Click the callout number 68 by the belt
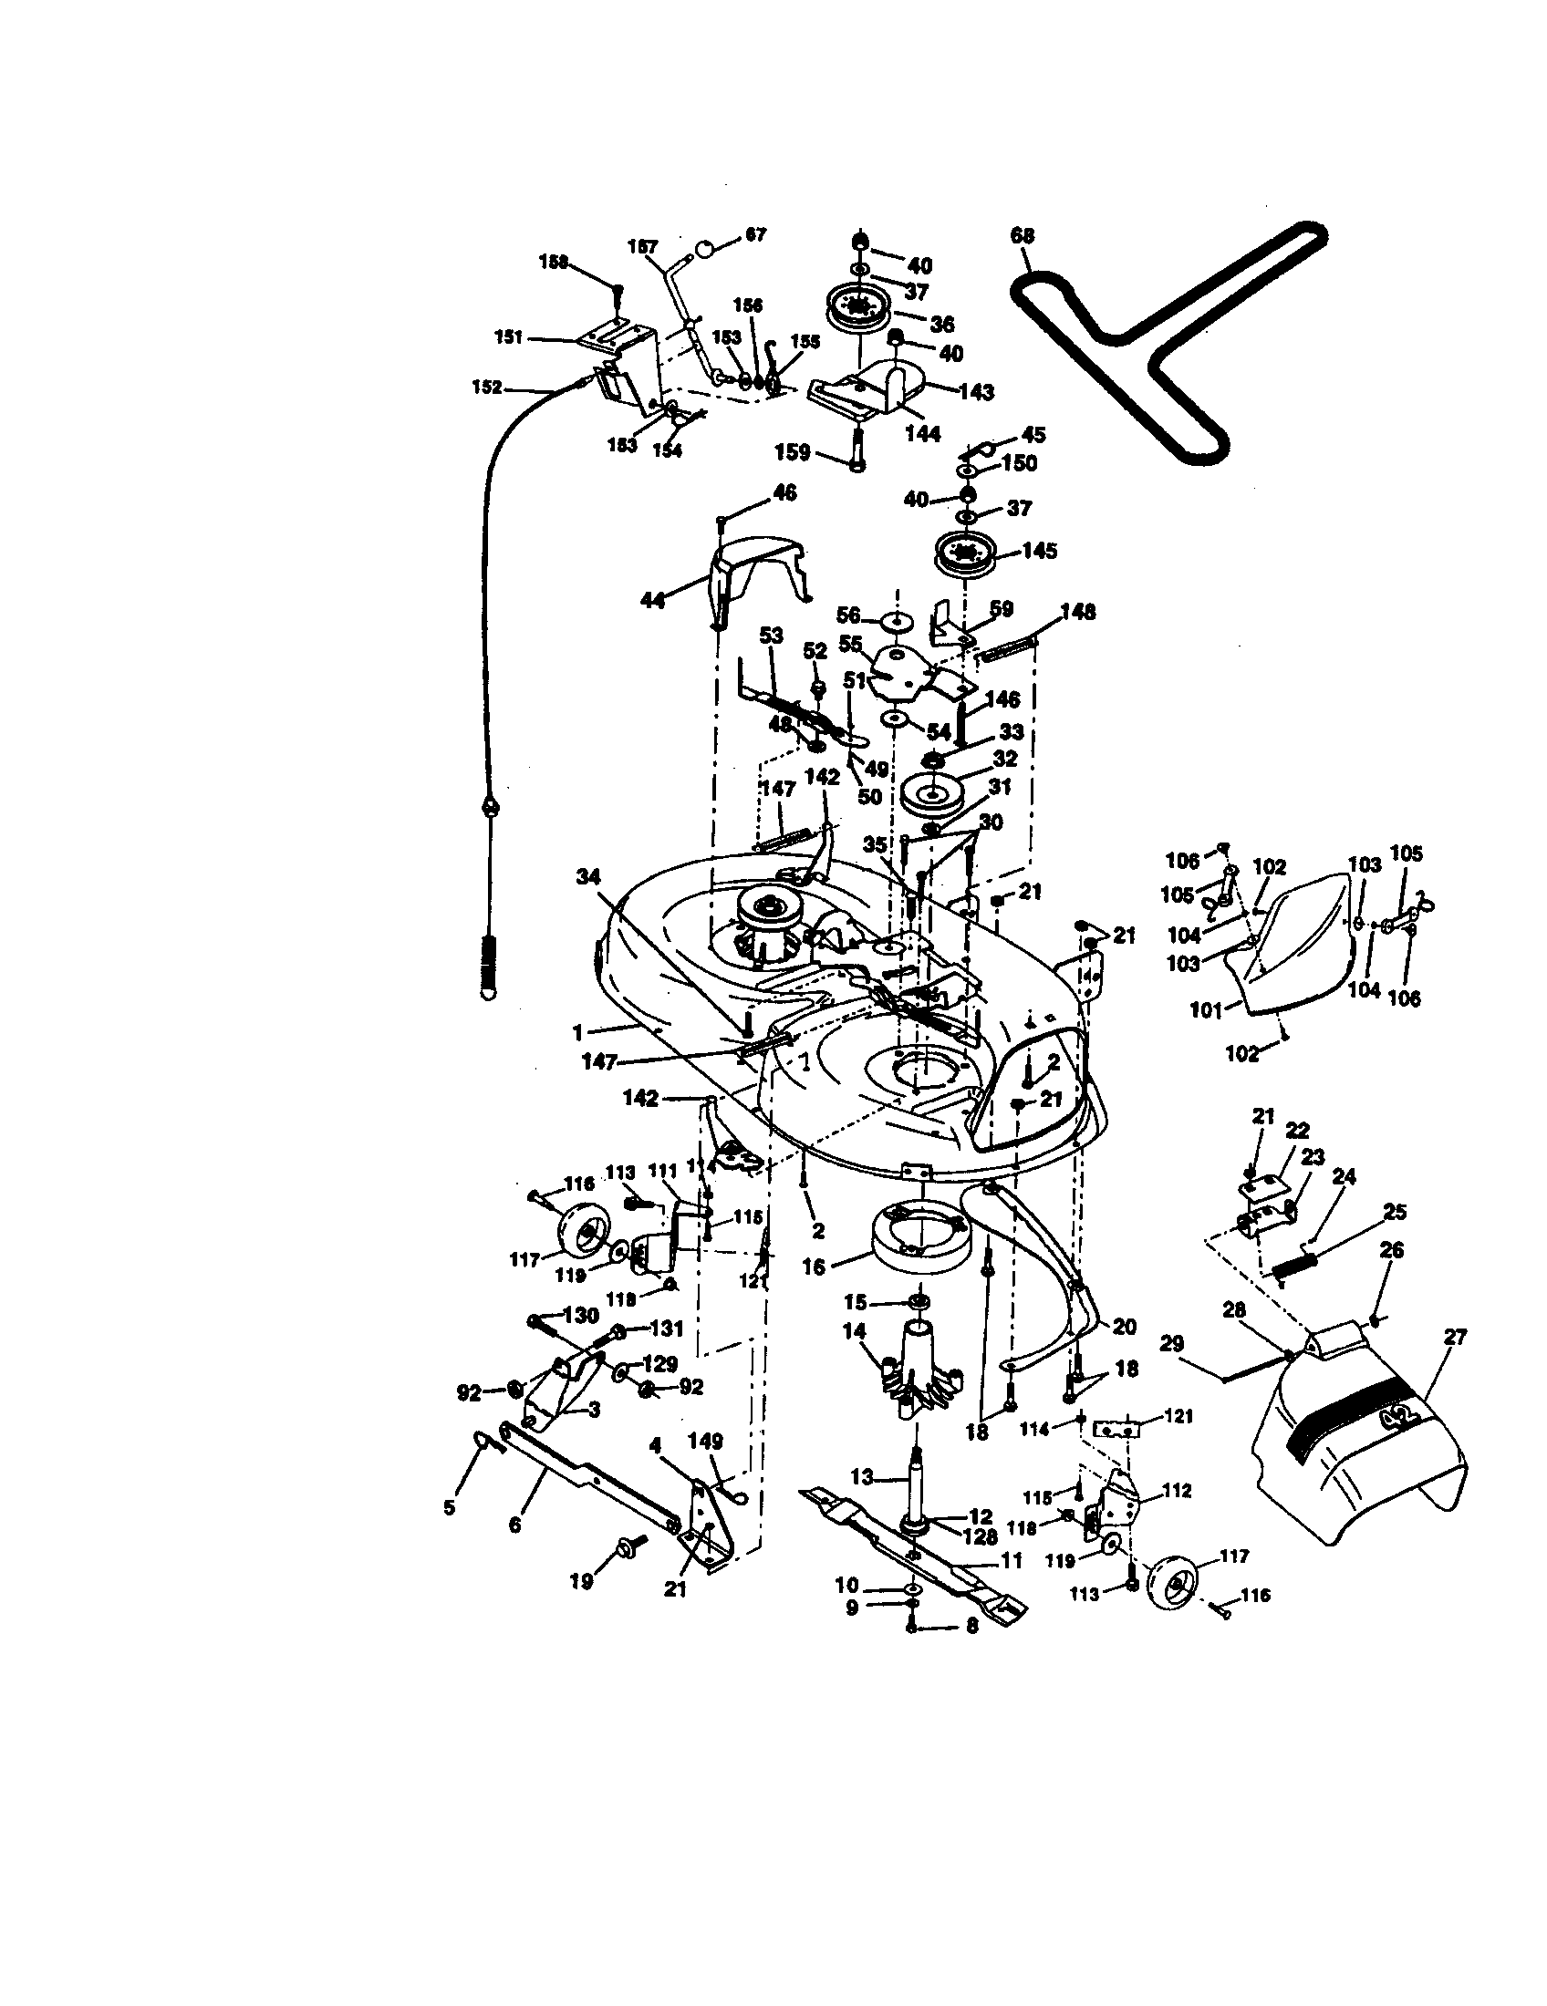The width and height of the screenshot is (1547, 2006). tap(1022, 236)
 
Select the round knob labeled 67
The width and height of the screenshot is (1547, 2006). tap(706, 248)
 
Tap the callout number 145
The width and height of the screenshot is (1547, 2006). tap(1038, 551)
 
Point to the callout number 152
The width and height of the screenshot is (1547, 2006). tap(486, 388)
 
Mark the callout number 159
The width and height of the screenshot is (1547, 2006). tap(793, 452)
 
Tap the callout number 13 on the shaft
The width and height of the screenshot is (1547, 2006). tap(863, 1477)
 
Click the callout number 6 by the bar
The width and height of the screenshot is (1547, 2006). tap(514, 1525)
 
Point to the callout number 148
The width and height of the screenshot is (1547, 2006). tap(1078, 612)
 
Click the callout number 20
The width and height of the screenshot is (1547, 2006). tap(1124, 1327)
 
